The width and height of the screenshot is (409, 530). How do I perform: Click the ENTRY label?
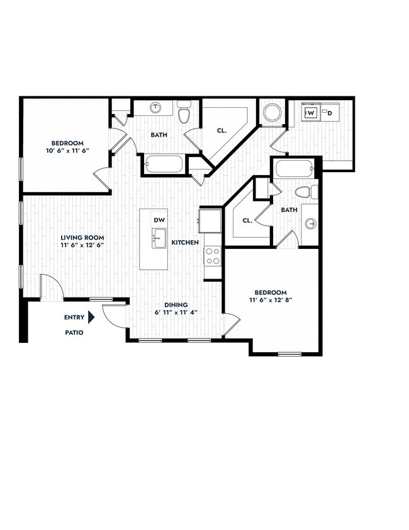[74, 318]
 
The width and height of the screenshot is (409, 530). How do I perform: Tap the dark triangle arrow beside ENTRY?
[92, 318]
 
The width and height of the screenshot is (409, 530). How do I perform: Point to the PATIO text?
[74, 332]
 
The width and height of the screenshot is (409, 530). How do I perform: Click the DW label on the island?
[159, 220]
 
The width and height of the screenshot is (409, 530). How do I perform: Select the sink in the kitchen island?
[159, 239]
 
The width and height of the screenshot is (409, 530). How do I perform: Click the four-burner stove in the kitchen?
[213, 255]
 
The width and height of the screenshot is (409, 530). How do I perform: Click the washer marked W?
[310, 113]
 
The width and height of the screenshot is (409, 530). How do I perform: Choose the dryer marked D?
[330, 113]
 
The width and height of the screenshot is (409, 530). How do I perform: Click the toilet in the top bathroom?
[184, 113]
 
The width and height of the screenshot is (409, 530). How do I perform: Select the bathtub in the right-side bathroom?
[294, 170]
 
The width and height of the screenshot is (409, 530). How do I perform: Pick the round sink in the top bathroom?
[155, 108]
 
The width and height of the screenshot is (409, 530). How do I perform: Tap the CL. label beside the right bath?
[247, 221]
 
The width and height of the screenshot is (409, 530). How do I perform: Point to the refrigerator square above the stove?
[210, 221]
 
